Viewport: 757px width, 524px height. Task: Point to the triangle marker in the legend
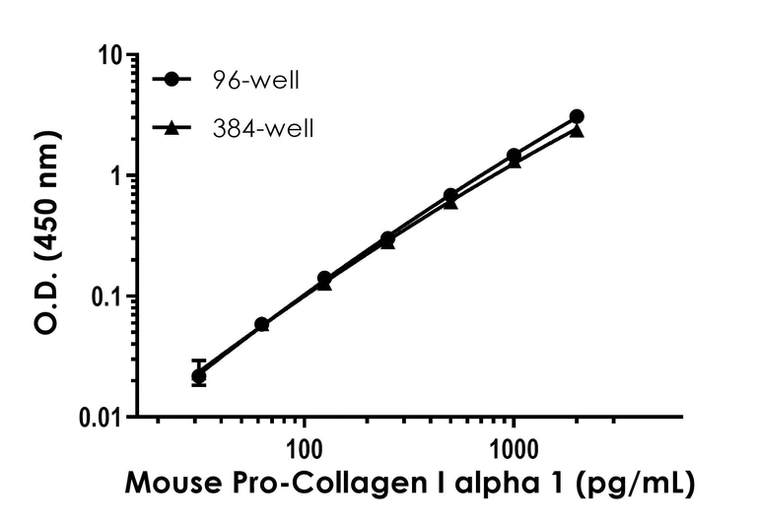(x=173, y=128)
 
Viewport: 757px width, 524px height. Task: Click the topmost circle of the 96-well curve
(x=577, y=116)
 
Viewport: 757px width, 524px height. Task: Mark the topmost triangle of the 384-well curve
(x=577, y=130)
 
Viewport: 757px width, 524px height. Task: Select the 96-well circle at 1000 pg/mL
(x=514, y=156)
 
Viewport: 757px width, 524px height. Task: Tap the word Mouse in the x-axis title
(x=172, y=485)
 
